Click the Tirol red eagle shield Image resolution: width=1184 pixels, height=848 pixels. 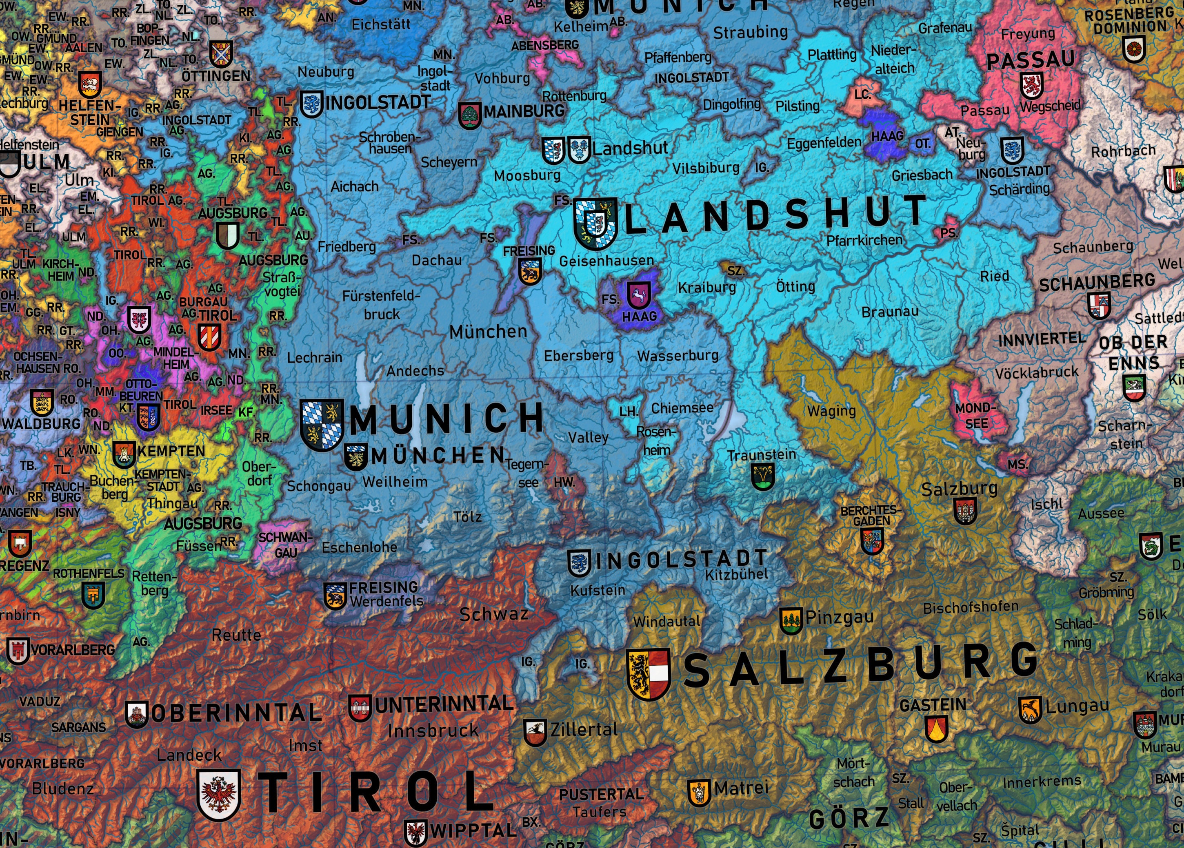click(x=219, y=794)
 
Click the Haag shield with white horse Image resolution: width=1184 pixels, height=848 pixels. click(x=639, y=296)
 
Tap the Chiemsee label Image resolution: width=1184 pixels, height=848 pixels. click(x=682, y=407)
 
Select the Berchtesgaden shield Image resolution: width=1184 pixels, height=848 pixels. click(x=872, y=540)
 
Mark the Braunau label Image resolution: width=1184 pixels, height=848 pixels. click(x=890, y=312)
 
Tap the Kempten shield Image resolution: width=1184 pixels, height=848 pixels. click(x=124, y=454)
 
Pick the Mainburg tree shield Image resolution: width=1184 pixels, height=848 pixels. click(x=469, y=115)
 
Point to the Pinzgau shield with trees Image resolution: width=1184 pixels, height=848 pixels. click(x=791, y=620)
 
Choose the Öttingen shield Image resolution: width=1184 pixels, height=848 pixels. click(x=221, y=54)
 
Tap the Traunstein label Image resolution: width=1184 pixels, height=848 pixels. click(x=762, y=454)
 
